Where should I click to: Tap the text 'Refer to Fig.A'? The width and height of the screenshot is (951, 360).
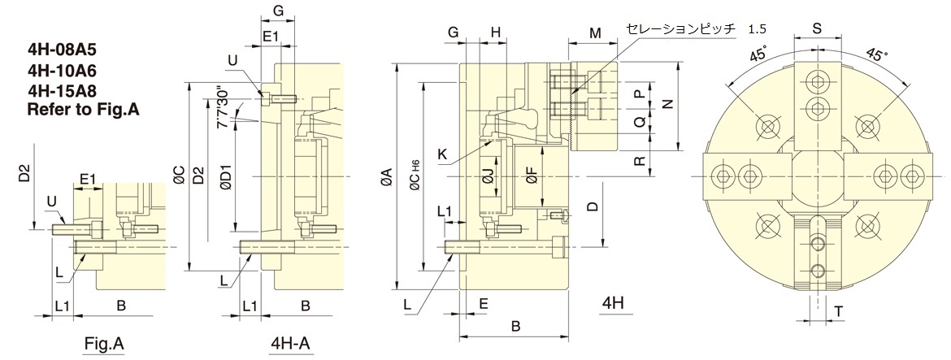pos(84,108)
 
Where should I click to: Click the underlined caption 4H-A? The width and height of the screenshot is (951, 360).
pos(289,343)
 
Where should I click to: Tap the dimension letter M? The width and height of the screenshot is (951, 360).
pos(595,33)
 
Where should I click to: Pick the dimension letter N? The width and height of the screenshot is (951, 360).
pos(667,104)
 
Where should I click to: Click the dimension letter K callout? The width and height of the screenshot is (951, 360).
pos(441,152)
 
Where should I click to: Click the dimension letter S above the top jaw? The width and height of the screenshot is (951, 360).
pos(817,28)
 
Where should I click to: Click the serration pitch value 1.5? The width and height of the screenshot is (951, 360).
pos(757,29)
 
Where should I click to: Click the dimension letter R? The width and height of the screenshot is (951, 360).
pos(640,160)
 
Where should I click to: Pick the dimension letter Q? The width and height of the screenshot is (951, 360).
pos(640,123)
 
